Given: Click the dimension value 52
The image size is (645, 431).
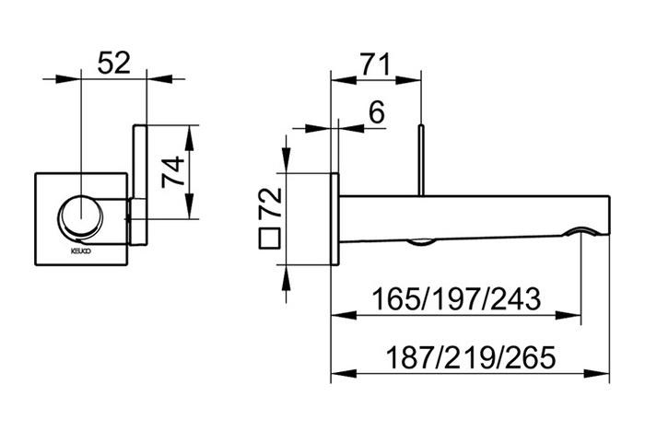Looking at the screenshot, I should pos(115,63).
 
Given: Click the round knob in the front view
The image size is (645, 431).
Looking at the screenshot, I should pos(82,218).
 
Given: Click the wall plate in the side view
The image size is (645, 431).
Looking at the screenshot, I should pos(335,221).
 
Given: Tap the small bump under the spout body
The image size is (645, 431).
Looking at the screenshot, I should pos(420,241).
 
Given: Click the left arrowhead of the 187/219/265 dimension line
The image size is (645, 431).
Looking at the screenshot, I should pos(335,374).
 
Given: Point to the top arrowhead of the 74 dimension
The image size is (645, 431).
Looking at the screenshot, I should pos(188,130).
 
